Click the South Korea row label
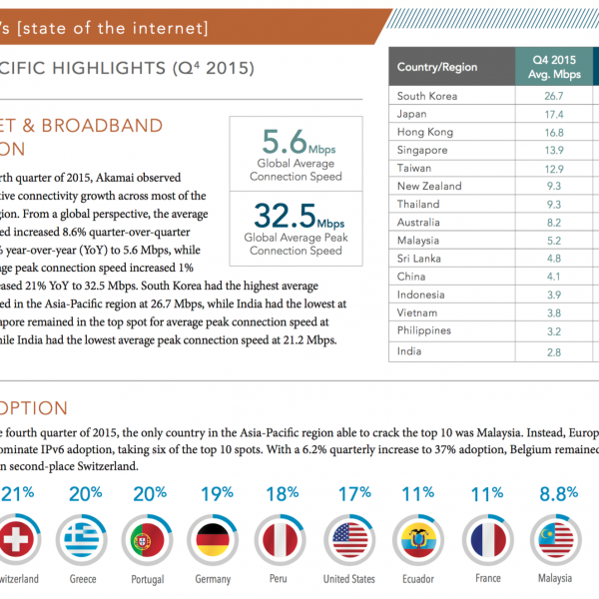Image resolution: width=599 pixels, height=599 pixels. (x=427, y=96)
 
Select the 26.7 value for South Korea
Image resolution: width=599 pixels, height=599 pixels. (x=554, y=96)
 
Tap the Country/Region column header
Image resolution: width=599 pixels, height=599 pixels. (x=436, y=68)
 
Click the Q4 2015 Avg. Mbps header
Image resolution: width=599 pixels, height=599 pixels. (x=554, y=68)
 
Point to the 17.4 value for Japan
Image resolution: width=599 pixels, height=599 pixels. (x=554, y=114)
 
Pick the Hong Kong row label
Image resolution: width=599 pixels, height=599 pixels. (x=425, y=132)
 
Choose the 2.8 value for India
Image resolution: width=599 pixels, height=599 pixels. (x=554, y=351)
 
